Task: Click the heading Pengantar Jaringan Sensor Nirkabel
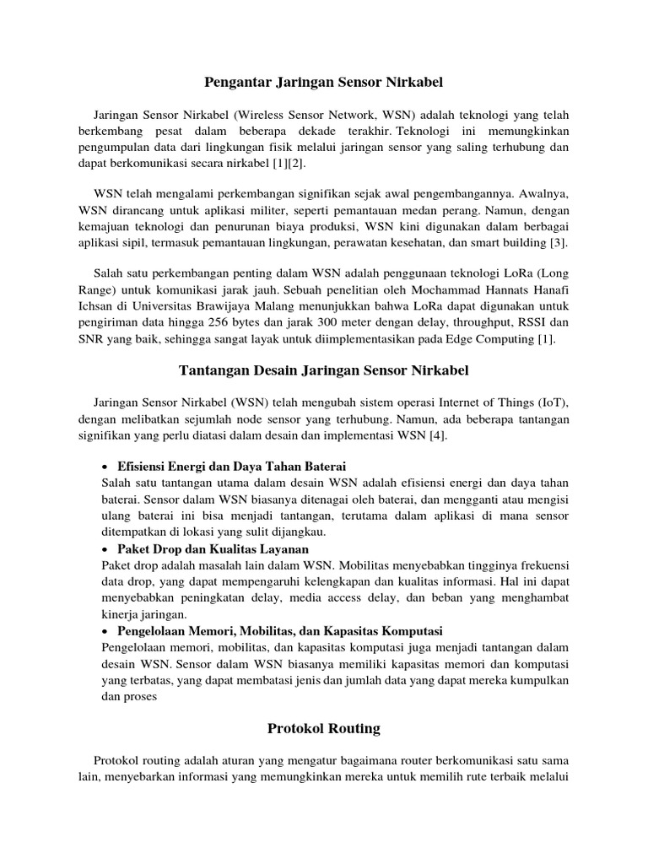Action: (324, 82)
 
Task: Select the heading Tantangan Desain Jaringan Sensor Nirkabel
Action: (324, 370)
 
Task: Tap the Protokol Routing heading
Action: (324, 727)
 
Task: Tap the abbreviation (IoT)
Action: (553, 403)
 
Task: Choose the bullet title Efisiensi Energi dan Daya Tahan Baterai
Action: (232, 467)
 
